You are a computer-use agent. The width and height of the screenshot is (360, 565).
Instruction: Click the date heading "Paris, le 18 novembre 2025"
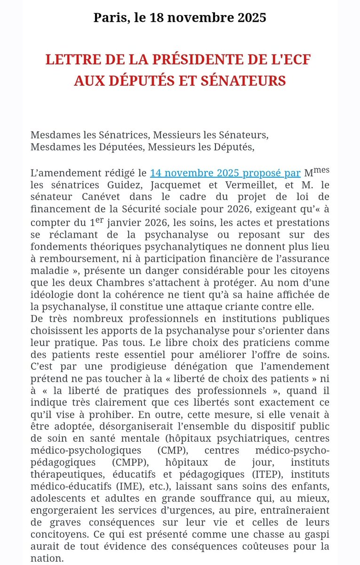click(180, 18)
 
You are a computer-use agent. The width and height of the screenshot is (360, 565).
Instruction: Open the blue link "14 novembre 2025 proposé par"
click(225, 173)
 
